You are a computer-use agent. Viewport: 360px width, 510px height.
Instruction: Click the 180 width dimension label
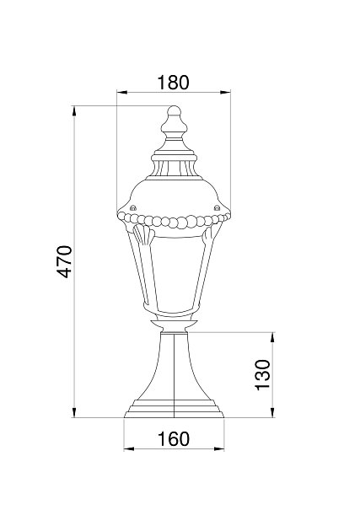tap(173, 83)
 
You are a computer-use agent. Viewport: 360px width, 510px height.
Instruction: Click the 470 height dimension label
tap(64, 261)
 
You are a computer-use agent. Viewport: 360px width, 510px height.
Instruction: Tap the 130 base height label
tap(262, 374)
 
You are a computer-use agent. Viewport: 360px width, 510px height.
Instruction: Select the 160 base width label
tap(174, 439)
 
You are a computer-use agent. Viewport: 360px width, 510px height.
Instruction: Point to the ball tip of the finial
tap(174, 110)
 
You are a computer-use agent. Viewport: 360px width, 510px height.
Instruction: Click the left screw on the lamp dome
tap(132, 208)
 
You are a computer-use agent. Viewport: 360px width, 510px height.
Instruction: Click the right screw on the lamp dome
tap(217, 207)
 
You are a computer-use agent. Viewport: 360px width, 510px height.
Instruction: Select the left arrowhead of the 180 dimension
tap(121, 93)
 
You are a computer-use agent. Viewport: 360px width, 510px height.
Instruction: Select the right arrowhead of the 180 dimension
tap(225, 93)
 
